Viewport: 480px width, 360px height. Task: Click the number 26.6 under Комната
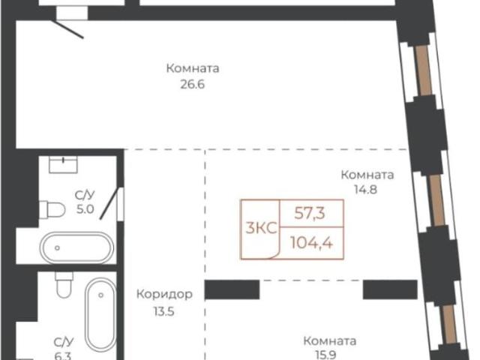[x=193, y=85]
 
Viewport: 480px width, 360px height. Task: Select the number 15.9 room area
[x=329, y=355]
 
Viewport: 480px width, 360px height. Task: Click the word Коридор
[x=164, y=294]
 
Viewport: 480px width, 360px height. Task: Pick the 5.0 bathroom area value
[x=84, y=210]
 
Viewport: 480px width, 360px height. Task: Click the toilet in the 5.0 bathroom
[x=52, y=208]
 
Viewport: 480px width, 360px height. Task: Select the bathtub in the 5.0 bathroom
[x=76, y=247]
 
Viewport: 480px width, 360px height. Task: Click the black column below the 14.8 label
[x=389, y=289]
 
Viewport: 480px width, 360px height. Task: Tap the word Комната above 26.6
[x=193, y=69]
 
